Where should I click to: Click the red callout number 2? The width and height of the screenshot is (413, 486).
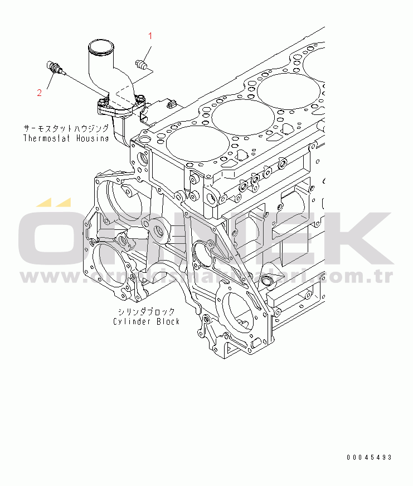pyautogui.click(x=40, y=93)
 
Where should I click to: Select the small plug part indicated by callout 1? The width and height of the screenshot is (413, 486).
pyautogui.click(x=140, y=62)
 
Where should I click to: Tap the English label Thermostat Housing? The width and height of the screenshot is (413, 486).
pyautogui.click(x=66, y=138)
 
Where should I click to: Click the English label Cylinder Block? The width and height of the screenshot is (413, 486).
pyautogui.click(x=146, y=321)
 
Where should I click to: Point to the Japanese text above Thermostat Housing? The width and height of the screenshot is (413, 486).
pyautogui.click(x=66, y=128)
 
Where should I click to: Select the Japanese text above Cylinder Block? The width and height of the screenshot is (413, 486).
pyautogui.click(x=146, y=311)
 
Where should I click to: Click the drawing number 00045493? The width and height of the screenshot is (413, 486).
pyautogui.click(x=369, y=458)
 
